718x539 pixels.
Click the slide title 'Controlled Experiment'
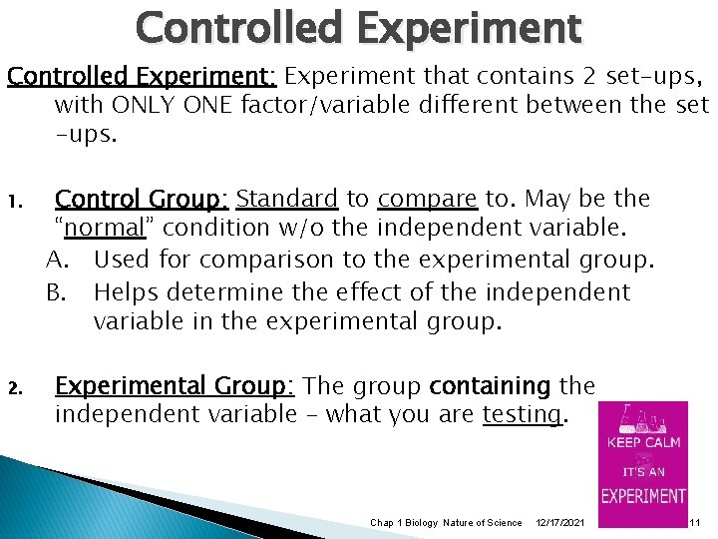(x=358, y=27)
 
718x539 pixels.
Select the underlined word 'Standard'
(x=288, y=199)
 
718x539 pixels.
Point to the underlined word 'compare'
(x=418, y=199)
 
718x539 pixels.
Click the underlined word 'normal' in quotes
(x=105, y=229)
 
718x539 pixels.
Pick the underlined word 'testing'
(x=522, y=414)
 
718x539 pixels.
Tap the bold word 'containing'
(x=489, y=386)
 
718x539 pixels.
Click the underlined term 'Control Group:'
(x=142, y=199)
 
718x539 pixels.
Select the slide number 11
(x=694, y=523)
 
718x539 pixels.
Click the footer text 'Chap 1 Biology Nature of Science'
(x=446, y=523)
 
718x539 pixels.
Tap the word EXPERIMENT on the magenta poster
(x=643, y=495)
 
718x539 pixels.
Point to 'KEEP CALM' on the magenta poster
(x=643, y=440)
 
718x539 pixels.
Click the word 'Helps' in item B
(x=126, y=292)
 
